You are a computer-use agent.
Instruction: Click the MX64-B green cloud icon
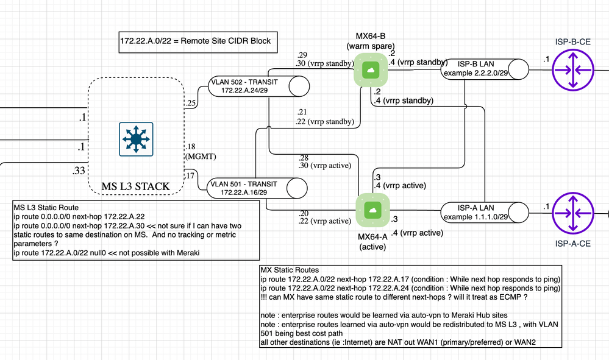coord(371,70)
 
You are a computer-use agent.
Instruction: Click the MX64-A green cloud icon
coord(371,210)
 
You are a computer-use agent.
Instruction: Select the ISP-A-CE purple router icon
coord(572,211)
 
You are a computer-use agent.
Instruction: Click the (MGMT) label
coord(199,156)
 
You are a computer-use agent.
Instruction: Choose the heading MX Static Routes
coord(290,270)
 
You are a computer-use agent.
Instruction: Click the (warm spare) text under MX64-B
coord(371,46)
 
